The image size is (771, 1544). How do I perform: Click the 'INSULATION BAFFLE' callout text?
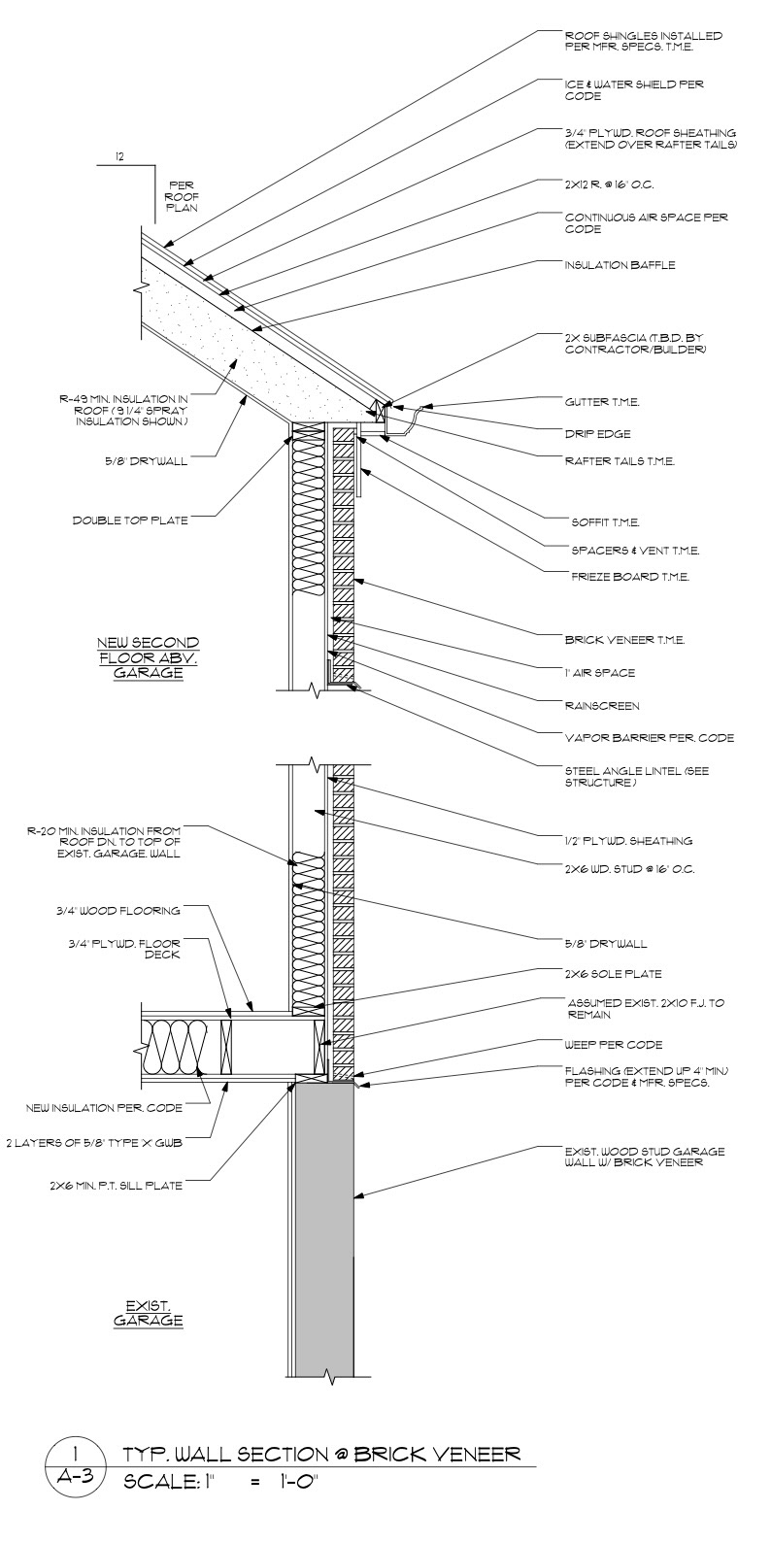(620, 264)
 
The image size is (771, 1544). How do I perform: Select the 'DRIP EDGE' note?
(598, 433)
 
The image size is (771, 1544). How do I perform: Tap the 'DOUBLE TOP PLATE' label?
(130, 520)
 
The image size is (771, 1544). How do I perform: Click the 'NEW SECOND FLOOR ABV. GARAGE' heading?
(149, 657)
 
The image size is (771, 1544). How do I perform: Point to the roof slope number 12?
(119, 155)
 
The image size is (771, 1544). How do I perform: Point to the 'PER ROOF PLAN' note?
(182, 194)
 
